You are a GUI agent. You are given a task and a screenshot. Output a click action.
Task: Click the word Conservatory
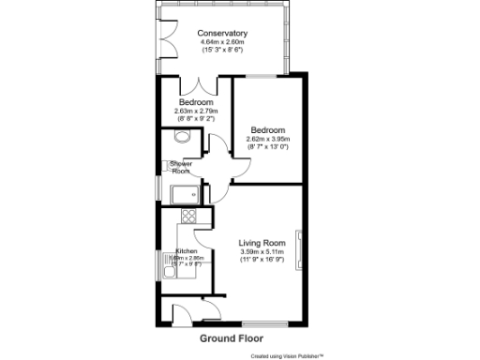point(222,34)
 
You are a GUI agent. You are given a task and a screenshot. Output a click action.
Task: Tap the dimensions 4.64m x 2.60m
point(222,42)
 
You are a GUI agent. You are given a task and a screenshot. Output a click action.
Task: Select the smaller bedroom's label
point(195,102)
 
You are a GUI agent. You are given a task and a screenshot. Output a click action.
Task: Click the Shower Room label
point(180,167)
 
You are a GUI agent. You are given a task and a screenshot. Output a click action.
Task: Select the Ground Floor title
point(232,337)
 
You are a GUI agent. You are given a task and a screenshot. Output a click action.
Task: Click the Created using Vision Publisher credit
point(286,355)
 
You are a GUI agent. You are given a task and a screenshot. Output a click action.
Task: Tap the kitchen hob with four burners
point(187,217)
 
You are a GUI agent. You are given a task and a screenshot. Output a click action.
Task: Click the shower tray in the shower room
point(182,195)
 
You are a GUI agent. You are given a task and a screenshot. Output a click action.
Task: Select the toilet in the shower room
point(180,137)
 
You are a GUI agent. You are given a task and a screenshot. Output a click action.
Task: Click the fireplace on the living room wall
point(299,247)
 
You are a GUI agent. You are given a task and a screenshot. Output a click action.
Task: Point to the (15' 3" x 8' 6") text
point(222,50)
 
